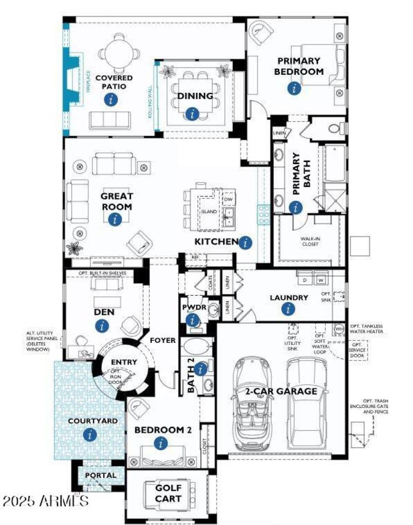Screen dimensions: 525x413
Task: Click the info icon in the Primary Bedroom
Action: click(x=294, y=88)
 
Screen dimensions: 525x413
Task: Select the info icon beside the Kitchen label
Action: click(x=246, y=242)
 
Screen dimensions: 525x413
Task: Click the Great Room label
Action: click(x=116, y=201)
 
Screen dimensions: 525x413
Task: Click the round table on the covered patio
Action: click(x=117, y=53)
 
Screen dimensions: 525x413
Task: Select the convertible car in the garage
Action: click(x=253, y=403)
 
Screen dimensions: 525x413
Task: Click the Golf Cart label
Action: click(x=168, y=493)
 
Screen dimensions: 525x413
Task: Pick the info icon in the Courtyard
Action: click(x=91, y=435)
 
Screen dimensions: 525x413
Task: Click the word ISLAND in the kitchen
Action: click(x=209, y=212)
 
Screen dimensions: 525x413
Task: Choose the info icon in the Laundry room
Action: click(x=288, y=309)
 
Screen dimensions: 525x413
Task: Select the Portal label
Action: click(x=101, y=475)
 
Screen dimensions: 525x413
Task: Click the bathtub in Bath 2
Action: click(x=197, y=345)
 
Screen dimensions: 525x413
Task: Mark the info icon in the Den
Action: click(x=102, y=326)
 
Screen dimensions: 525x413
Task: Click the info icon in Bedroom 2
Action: click(x=162, y=443)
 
